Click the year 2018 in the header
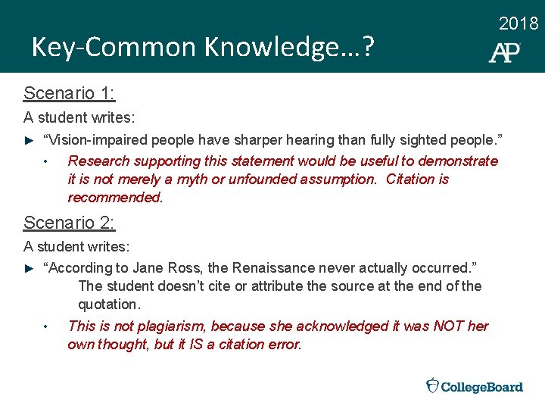point(519,23)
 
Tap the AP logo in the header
point(504,52)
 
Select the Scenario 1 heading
point(69,93)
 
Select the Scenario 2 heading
point(69,223)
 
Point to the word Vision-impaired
point(95,140)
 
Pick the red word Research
point(98,161)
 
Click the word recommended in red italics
point(114,198)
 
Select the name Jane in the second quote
point(147,268)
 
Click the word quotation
point(109,304)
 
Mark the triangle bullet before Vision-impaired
point(29,141)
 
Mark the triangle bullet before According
point(29,269)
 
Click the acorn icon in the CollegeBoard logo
point(432,386)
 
